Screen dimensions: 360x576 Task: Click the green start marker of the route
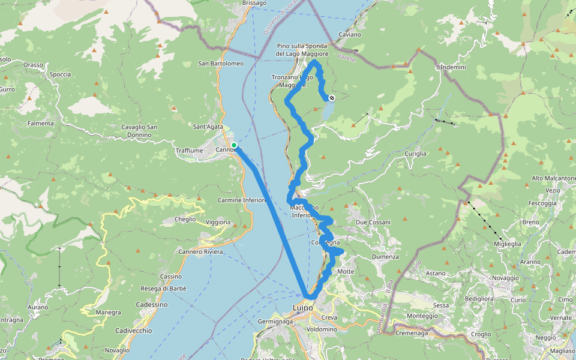point(234,145)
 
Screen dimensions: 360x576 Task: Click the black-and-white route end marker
point(331,98)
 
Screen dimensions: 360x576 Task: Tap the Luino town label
point(303,309)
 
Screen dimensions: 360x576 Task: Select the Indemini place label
point(453,67)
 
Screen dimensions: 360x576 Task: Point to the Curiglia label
point(415,154)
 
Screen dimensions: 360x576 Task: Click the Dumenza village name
point(385,257)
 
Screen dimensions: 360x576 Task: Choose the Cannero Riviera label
point(200,251)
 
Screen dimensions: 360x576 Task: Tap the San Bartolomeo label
point(221,64)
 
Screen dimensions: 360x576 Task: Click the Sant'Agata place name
point(208,127)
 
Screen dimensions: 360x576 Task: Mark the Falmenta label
point(41,124)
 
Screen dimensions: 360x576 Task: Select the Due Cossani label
point(373,223)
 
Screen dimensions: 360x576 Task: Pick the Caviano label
point(350,35)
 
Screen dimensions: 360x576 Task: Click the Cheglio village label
point(185,220)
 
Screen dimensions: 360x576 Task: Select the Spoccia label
point(61,75)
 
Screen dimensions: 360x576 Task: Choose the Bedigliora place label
point(479,298)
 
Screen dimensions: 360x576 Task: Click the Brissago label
point(254,3)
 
